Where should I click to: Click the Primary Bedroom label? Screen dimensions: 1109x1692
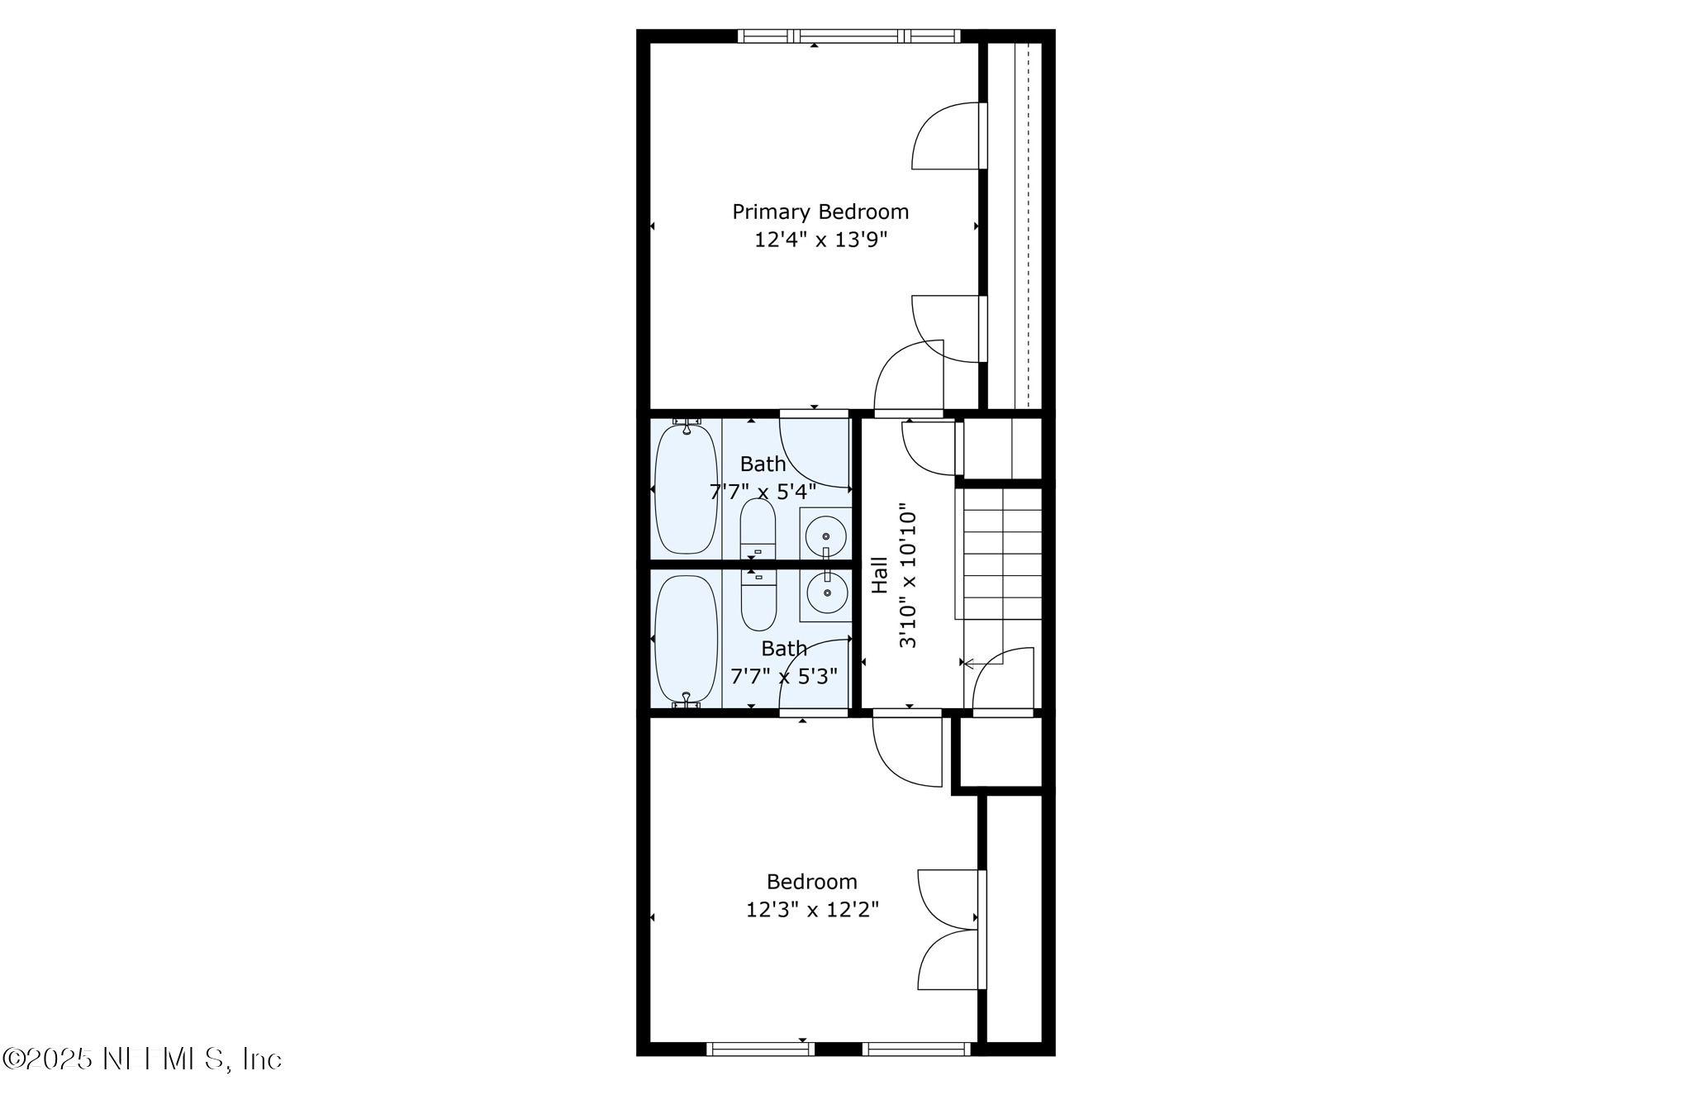click(820, 212)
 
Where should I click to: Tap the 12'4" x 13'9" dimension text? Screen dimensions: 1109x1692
click(820, 240)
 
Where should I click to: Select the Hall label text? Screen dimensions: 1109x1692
click(880, 574)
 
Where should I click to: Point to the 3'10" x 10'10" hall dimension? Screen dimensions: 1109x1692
click(908, 575)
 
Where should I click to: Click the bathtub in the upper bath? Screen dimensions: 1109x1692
click(686, 489)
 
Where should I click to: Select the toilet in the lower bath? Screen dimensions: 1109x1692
click(758, 601)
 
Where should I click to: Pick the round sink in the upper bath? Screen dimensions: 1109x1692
click(825, 536)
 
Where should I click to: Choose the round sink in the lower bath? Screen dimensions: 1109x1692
click(825, 593)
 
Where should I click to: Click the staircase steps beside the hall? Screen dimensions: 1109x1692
click(1002, 554)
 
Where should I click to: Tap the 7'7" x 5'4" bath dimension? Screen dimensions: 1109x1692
click(763, 493)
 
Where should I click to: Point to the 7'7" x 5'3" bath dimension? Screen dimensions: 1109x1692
click(784, 677)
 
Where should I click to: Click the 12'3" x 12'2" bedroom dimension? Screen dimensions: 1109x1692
click(812, 910)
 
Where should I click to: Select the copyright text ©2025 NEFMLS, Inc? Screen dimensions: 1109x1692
click(142, 1059)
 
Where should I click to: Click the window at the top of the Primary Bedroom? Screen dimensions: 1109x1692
click(848, 36)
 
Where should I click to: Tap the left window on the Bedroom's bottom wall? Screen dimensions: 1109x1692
click(760, 1049)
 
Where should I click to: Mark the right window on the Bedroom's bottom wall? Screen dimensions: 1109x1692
click(916, 1049)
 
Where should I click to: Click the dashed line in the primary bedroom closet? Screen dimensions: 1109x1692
click(1027, 223)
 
